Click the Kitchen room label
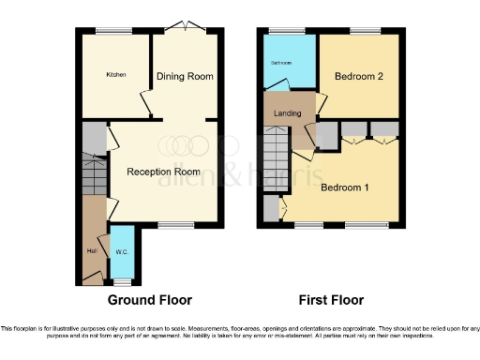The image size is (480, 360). [x=116, y=75]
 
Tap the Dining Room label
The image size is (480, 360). [x=185, y=76]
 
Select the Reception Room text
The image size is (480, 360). [x=164, y=172]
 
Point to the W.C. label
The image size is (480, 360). [x=121, y=251]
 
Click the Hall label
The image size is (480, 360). [x=91, y=249]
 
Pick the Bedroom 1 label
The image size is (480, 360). [x=344, y=187]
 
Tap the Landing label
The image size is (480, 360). [x=287, y=113]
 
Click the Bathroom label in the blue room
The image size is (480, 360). [x=281, y=63]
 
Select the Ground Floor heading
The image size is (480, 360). [x=150, y=300]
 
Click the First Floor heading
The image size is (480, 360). [x=330, y=300]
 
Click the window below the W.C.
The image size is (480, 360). [x=120, y=281]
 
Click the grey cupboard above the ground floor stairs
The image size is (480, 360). [x=92, y=141]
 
